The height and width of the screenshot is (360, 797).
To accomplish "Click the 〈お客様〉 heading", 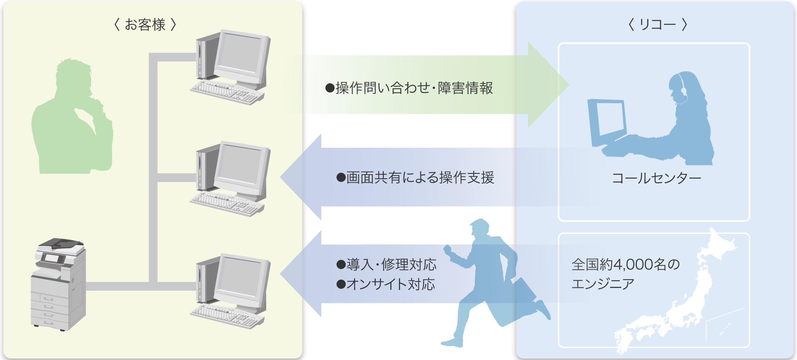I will [145, 25].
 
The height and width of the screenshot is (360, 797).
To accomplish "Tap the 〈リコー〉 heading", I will [658, 25].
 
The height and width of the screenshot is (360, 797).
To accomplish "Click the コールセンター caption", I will [656, 178].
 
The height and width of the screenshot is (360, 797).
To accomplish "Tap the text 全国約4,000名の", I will [625, 265].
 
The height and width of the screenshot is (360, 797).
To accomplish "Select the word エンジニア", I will [603, 284].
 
